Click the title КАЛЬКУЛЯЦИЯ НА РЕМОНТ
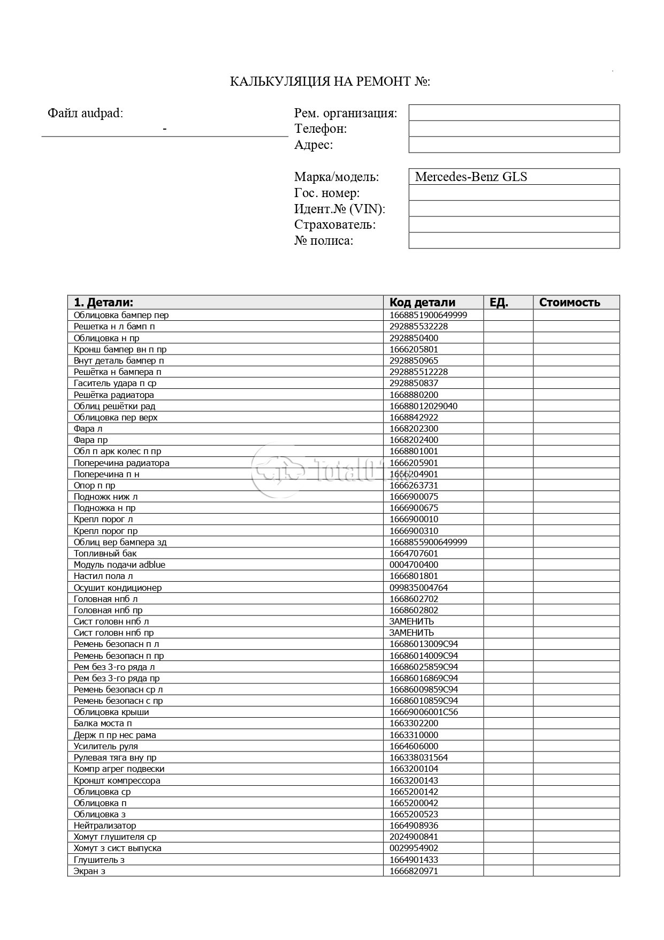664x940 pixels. pos(330,81)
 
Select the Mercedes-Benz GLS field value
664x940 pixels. pos(471,177)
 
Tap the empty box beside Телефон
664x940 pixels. pos(514,129)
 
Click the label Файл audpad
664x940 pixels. pos(85,113)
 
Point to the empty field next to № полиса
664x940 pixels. pos(514,240)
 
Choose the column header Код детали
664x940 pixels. pos(422,302)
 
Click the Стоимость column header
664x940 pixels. pos(569,302)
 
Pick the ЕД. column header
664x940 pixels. pos(499,302)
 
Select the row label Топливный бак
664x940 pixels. pos(105,553)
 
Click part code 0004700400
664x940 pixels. pos(414,565)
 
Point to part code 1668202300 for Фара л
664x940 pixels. pos(414,428)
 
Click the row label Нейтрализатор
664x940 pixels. pos(105,825)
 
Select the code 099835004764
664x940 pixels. pos(418,588)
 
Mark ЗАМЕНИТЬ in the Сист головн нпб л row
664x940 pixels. pos(411,621)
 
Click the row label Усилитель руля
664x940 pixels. pos(106,746)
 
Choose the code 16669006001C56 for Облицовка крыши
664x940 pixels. pos(424,712)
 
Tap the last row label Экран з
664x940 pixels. pos(89,871)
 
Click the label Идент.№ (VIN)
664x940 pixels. pos(339,209)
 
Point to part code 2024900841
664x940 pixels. pos(414,837)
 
